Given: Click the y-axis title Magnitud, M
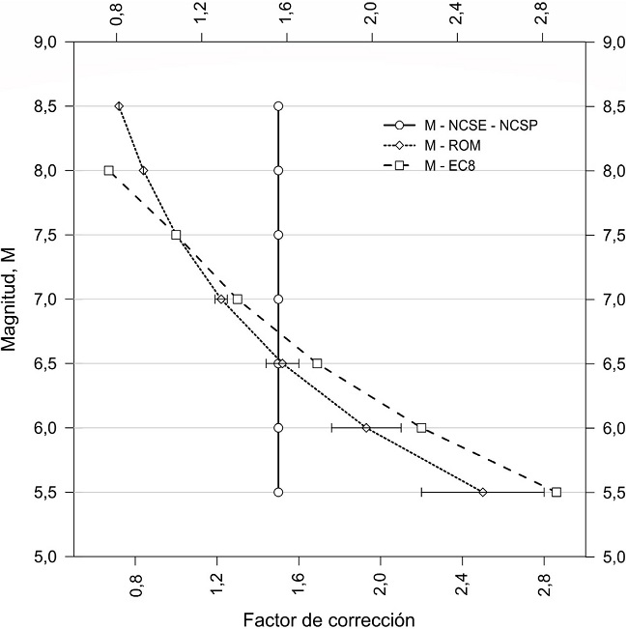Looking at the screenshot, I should (11, 299).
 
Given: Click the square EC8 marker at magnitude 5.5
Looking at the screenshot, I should (557, 492).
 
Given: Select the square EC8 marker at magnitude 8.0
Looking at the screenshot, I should (109, 170).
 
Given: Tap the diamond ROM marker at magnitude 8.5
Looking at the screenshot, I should (119, 106).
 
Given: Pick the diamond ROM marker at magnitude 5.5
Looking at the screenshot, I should (483, 492).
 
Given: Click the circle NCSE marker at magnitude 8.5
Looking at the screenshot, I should (278, 106).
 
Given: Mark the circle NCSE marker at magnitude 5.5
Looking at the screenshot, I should (278, 492).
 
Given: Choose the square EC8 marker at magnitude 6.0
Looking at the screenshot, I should (421, 427).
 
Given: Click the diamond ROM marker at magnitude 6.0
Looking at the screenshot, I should (366, 427).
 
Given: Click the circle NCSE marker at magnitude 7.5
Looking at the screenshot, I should (278, 235).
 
